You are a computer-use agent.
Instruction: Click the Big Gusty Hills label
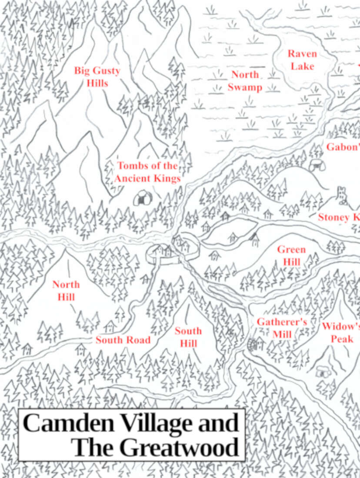coord(97,76)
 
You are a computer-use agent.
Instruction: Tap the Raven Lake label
coord(303,60)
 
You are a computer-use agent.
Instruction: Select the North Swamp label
coord(245,81)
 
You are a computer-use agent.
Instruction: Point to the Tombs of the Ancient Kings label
coord(147,172)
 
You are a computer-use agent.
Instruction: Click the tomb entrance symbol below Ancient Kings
coord(142,198)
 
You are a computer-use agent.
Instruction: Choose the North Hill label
coord(66,291)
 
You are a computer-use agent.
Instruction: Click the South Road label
coord(123,340)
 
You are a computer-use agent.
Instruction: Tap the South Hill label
coord(188,337)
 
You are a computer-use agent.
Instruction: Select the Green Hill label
coord(291,256)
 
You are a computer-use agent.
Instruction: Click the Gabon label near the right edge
coord(343,147)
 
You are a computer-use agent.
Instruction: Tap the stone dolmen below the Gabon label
coord(316,165)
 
